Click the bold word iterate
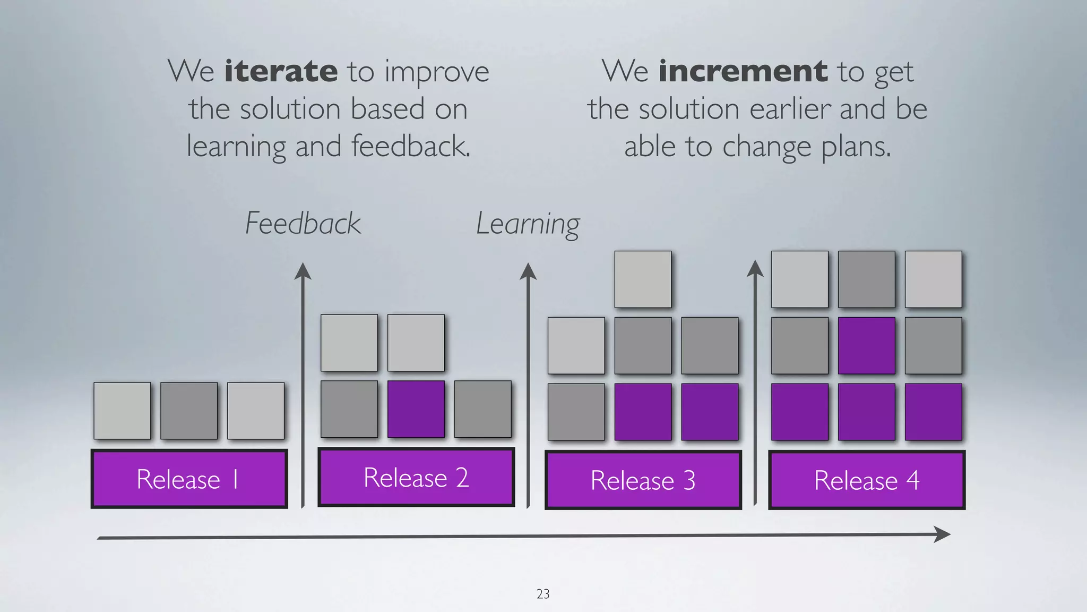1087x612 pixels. point(281,71)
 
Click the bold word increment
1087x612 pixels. point(743,71)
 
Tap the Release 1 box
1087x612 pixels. point(189,479)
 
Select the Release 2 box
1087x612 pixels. point(416,477)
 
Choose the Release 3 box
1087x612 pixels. point(643,480)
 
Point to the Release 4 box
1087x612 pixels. point(867,480)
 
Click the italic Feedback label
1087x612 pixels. point(303,223)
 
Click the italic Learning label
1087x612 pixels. point(528,224)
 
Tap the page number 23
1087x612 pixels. point(543,594)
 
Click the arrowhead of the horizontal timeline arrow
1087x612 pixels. point(943,534)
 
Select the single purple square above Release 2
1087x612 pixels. point(416,409)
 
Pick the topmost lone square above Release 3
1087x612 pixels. point(643,279)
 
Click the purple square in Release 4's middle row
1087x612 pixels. point(867,346)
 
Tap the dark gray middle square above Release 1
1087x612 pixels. point(189,411)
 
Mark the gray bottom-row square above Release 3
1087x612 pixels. point(576,412)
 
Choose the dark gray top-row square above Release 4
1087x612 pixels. point(867,279)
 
